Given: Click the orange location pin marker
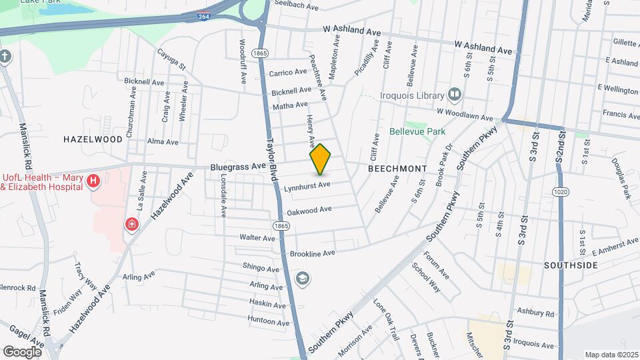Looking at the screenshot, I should pos(321,159).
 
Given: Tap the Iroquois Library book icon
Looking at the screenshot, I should pos(455,95).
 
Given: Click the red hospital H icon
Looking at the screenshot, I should pos(93,180).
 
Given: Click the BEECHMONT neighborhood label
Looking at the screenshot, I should pos(397,169).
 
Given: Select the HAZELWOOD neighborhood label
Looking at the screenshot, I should pos(93,139).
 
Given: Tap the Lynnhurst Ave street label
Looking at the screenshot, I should pos(307,185).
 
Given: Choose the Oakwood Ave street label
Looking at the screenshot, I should pos(309,210).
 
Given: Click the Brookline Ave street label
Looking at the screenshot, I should pos(312,254).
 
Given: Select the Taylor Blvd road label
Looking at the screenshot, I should pos(272,161).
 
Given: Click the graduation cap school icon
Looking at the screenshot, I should pos(303,278).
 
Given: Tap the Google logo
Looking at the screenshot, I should pos(22,351).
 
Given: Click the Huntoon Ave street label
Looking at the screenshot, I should pos(267,320).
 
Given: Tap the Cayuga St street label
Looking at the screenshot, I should pos(171,58).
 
